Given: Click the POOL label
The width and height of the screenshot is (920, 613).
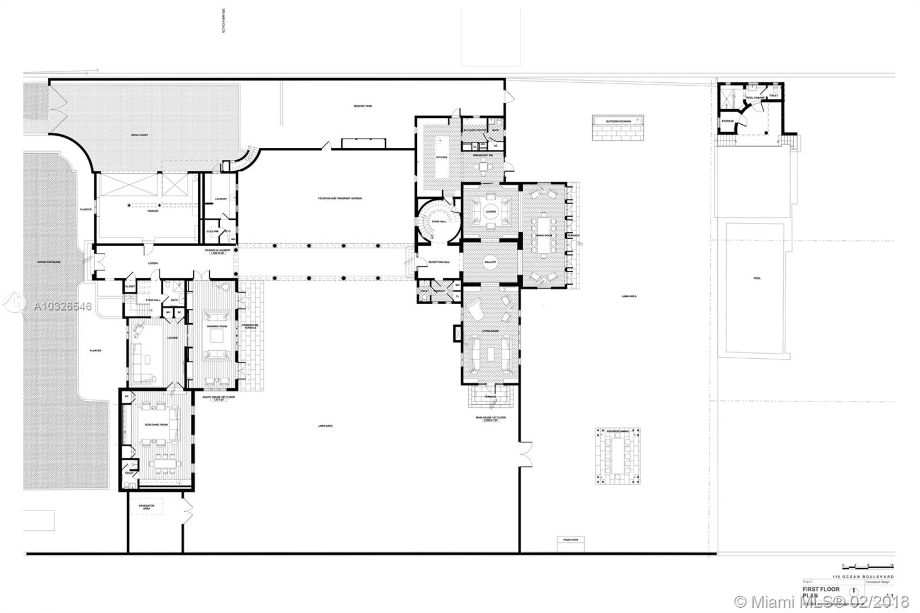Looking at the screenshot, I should (757, 278).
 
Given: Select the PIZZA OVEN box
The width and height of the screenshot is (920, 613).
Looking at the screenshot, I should (570, 539).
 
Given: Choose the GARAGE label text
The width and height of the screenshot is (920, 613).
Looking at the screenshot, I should (153, 211).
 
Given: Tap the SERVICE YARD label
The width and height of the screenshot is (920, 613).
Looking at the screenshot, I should (362, 106).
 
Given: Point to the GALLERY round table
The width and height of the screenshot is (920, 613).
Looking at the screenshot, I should (490, 262).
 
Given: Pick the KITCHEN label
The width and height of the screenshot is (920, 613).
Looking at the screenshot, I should (441, 157).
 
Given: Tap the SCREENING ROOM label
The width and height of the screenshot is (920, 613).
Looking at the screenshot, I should (156, 424).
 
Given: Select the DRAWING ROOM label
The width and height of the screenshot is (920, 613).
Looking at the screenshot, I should (217, 326).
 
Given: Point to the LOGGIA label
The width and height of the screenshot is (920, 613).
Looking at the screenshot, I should (152, 263).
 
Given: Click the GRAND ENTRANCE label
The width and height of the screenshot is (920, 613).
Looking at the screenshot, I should (49, 262).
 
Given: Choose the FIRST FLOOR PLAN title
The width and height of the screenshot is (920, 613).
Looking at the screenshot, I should (821, 592).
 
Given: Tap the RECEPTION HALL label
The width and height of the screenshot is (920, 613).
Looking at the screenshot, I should (439, 262).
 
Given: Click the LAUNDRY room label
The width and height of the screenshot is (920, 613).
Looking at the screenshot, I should (221, 199).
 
